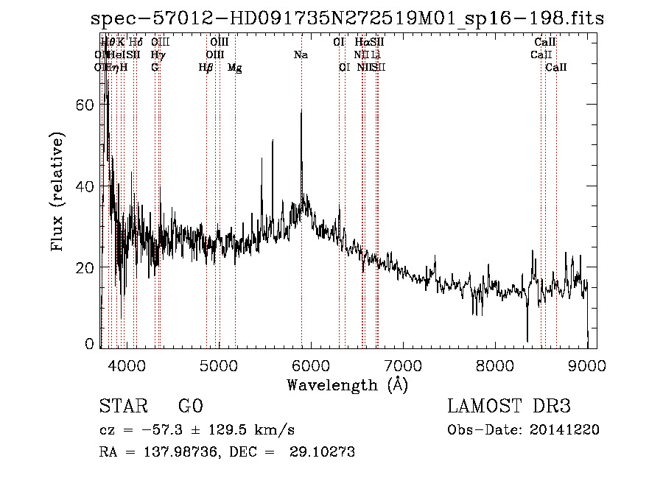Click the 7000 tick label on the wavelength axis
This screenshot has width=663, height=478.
[x=402, y=366]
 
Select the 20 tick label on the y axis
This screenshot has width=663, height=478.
[x=87, y=267]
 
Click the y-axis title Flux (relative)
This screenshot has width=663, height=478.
[x=57, y=191]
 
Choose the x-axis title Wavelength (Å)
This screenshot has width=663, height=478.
[x=347, y=384]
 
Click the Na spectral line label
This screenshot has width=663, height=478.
[x=301, y=55]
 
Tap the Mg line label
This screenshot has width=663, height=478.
[x=234, y=68]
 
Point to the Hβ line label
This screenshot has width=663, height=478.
[x=206, y=68]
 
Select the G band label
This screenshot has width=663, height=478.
[x=155, y=68]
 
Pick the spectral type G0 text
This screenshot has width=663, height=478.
[x=190, y=407]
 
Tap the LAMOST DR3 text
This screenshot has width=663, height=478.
[x=509, y=407]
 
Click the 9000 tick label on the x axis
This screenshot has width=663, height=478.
[x=586, y=366]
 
